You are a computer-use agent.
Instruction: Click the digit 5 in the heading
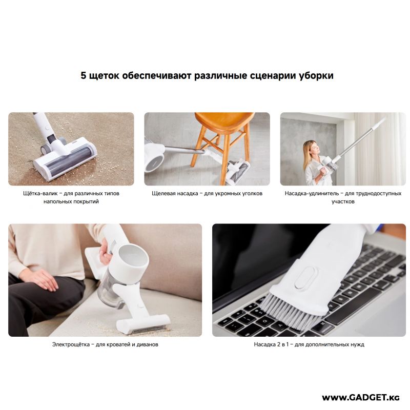point(84,75)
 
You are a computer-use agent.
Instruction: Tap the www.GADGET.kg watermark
point(361,398)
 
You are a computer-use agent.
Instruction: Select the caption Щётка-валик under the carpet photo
point(40,194)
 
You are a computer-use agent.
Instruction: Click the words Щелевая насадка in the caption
point(175,194)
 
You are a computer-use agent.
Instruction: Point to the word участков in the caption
point(343,201)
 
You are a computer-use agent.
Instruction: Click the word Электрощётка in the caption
point(69,344)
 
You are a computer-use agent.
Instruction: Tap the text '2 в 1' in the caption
point(283,344)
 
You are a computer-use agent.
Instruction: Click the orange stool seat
point(224,122)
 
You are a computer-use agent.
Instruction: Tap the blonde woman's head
point(311,149)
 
